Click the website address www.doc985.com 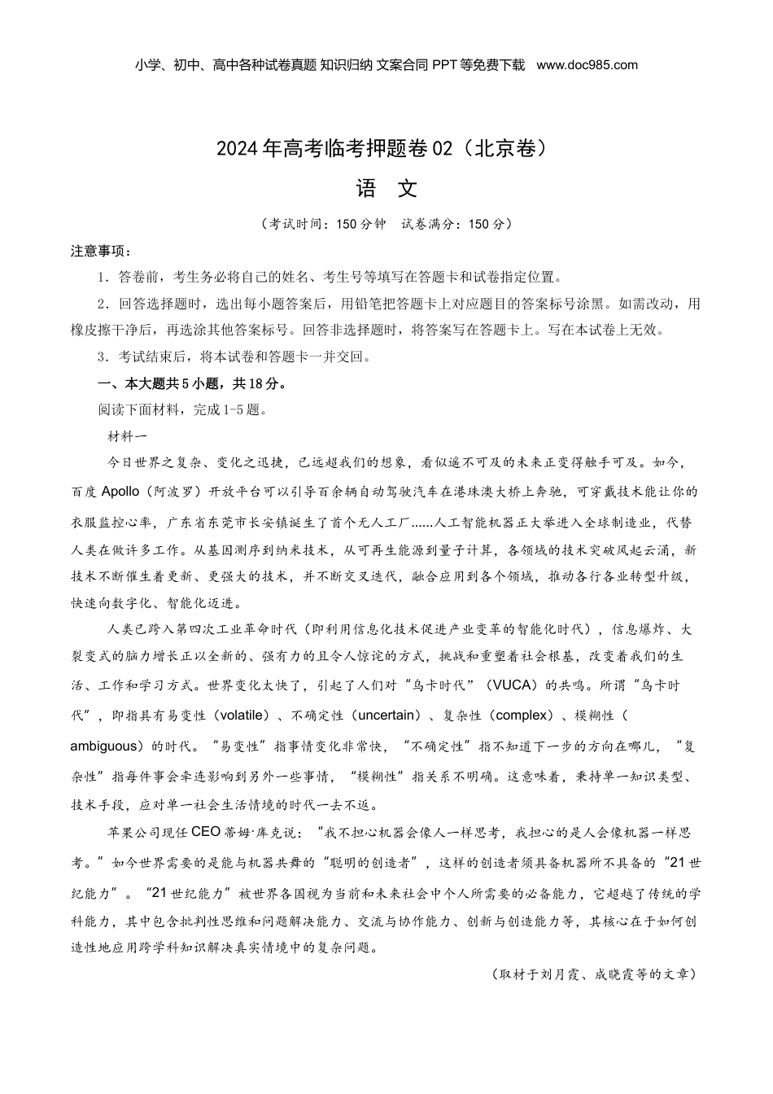pyautogui.click(x=587, y=65)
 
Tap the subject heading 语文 pyautogui.click(x=386, y=189)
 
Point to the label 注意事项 pyautogui.click(x=101, y=251)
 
